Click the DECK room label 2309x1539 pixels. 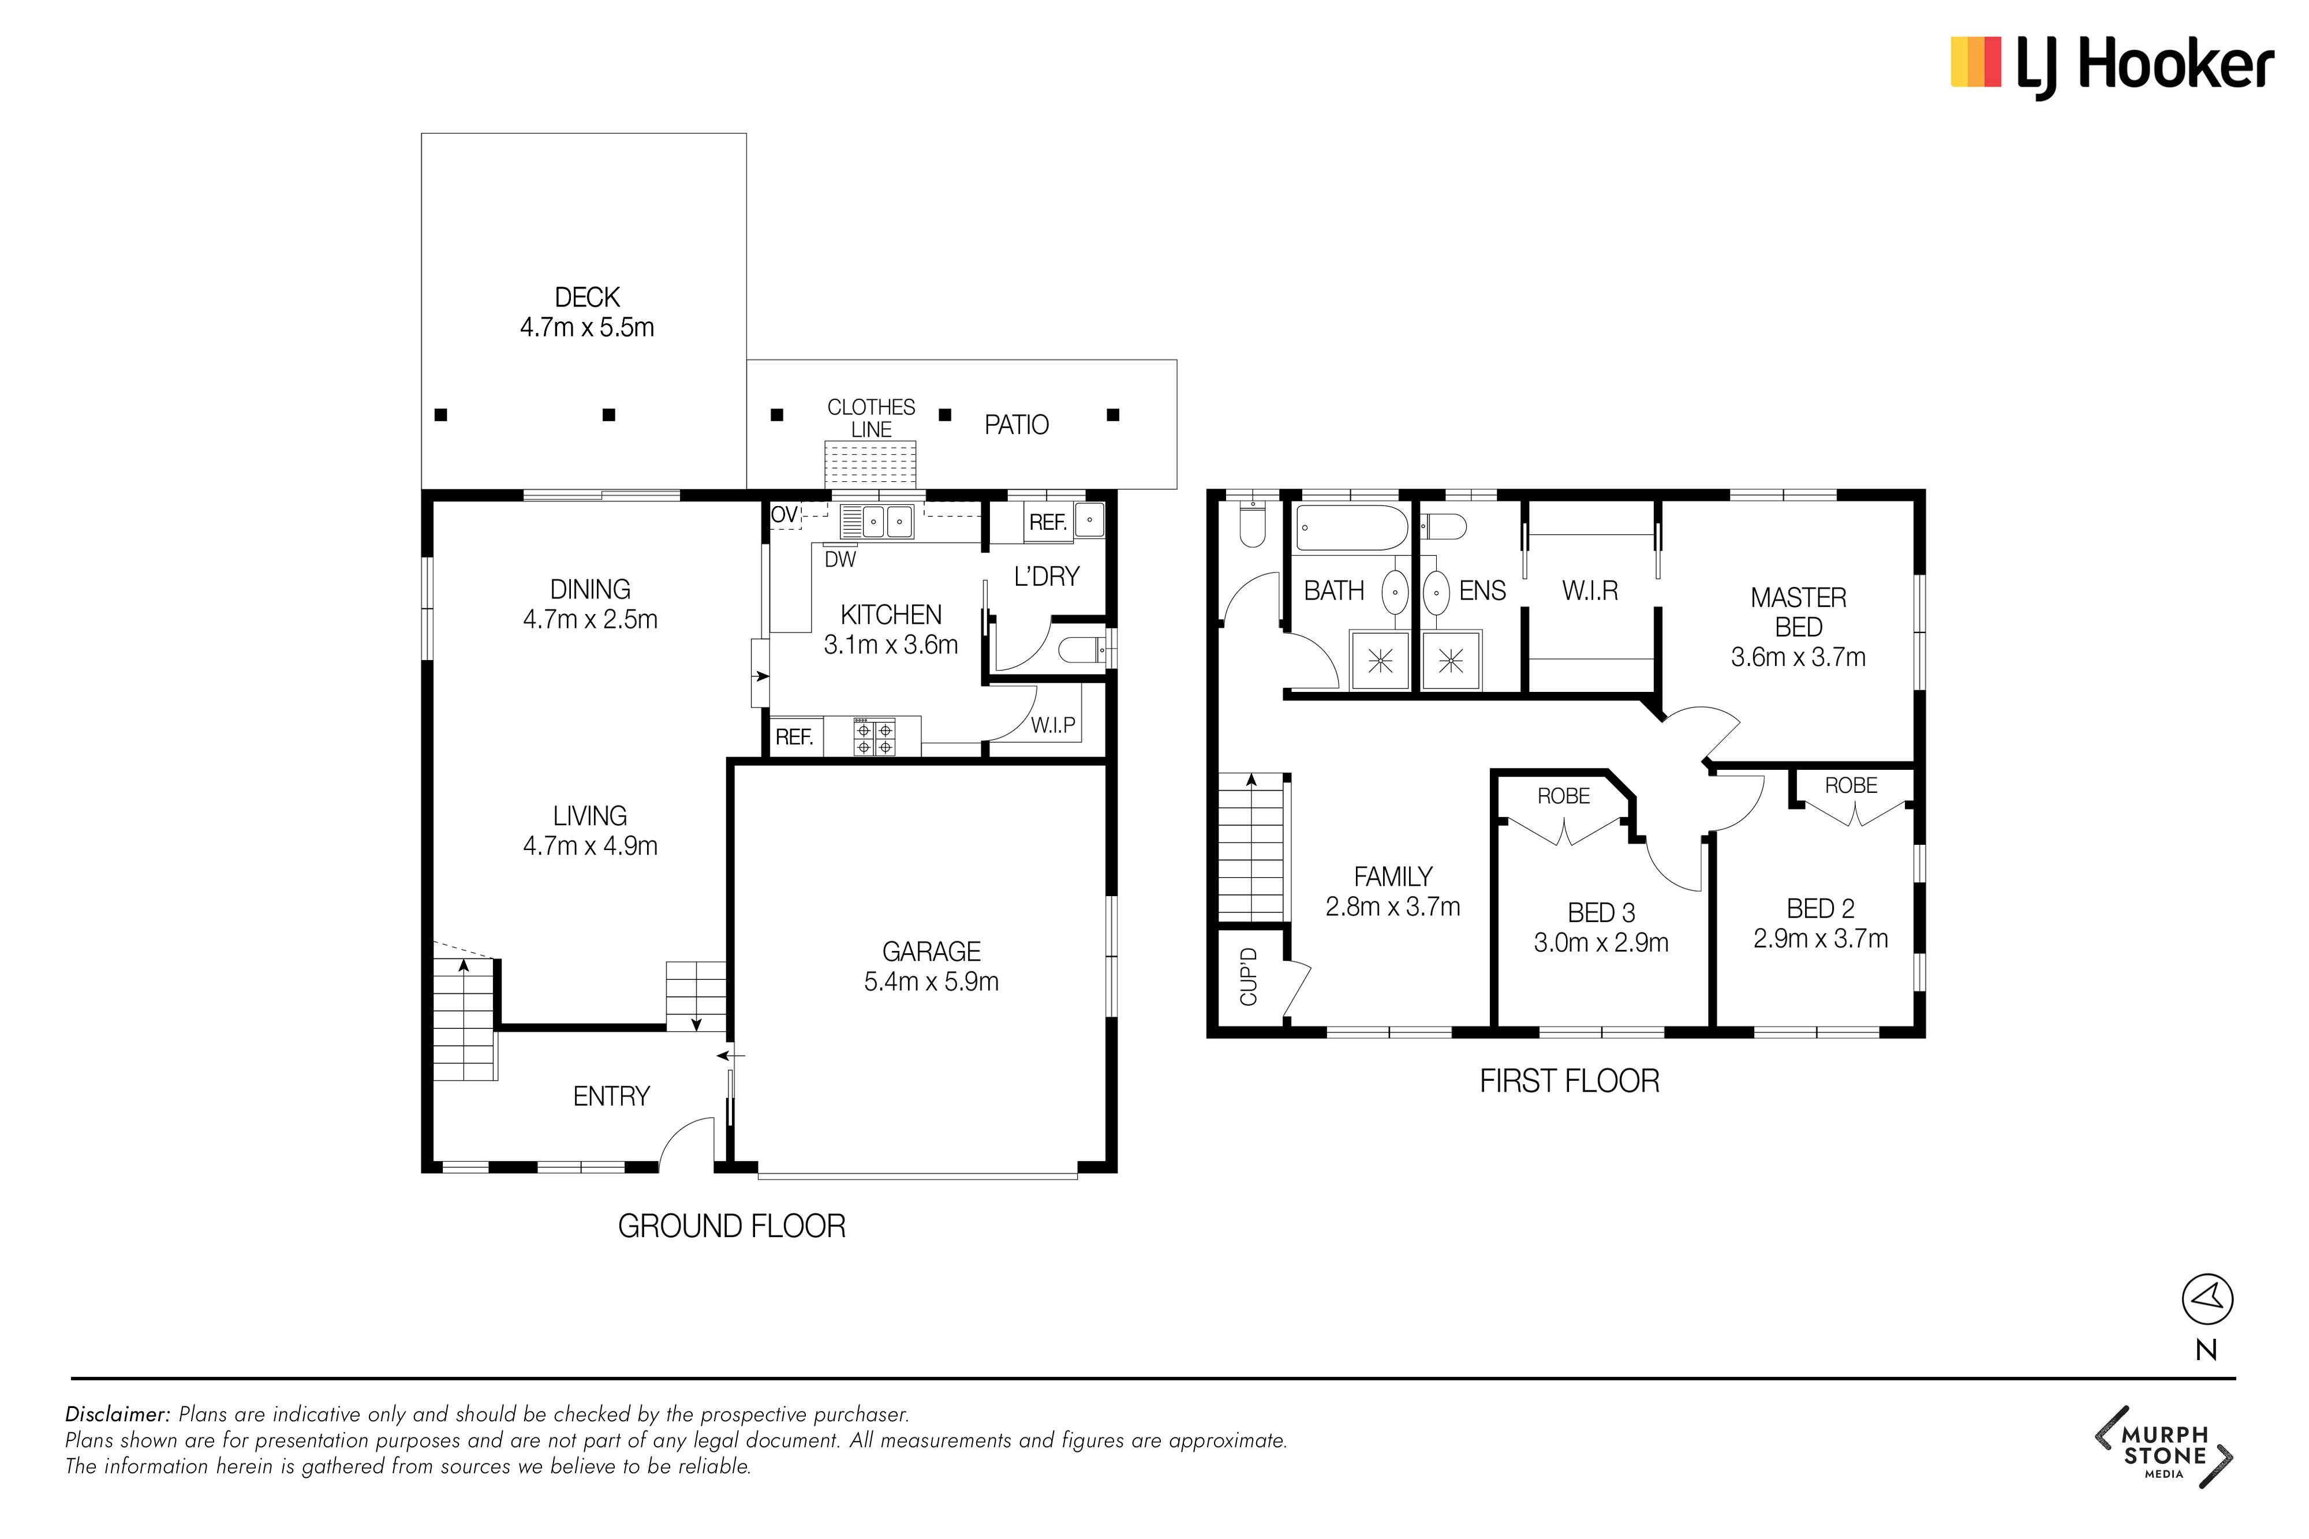point(587,297)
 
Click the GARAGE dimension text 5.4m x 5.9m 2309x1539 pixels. point(932,982)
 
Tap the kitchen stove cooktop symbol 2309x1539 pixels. point(875,736)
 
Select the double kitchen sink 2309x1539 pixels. point(888,521)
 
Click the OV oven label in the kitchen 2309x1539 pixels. point(783,514)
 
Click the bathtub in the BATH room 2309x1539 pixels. point(1351,528)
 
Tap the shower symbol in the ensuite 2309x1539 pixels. point(1451,661)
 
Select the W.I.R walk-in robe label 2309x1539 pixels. point(1589,591)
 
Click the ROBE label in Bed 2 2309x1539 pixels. point(1851,785)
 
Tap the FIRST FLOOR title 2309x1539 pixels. point(1569,1081)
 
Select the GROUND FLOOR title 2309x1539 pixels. point(731,1226)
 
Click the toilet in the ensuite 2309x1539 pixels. point(1445,527)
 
